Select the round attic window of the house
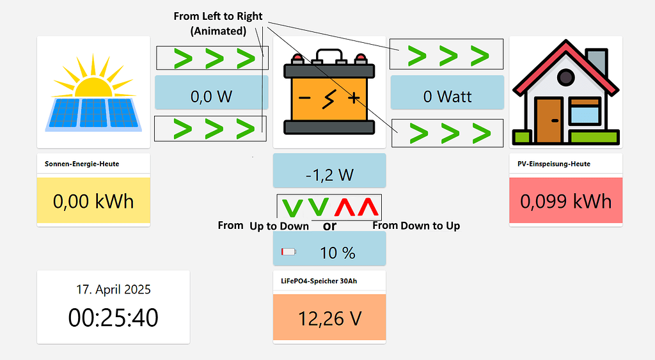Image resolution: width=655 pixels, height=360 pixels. click(565, 78)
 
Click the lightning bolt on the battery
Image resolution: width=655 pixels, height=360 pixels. click(329, 98)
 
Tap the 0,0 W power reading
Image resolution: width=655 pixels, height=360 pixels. click(211, 97)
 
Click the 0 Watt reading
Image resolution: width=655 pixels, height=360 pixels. click(447, 97)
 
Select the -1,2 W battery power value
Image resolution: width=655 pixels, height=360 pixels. click(329, 175)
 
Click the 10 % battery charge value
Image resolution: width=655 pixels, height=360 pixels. click(337, 253)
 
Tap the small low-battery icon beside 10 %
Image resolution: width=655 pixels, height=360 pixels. click(288, 252)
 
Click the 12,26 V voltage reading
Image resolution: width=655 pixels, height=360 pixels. click(329, 318)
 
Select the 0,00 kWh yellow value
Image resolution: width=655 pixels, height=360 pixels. click(93, 201)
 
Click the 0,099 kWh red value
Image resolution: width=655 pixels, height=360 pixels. click(565, 201)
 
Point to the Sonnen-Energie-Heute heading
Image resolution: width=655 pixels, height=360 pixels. click(82, 164)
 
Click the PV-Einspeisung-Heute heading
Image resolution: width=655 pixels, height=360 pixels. click(554, 164)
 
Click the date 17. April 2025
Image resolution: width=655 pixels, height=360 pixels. click(113, 289)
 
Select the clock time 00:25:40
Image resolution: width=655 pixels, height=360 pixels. click(113, 317)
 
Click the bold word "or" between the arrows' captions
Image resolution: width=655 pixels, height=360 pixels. click(329, 226)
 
